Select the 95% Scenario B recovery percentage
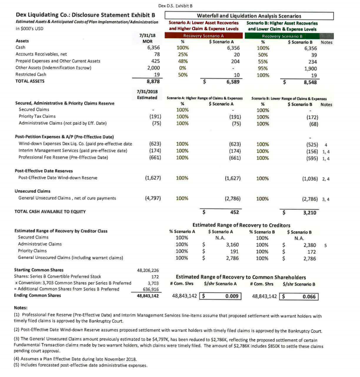click(x=262, y=68)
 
